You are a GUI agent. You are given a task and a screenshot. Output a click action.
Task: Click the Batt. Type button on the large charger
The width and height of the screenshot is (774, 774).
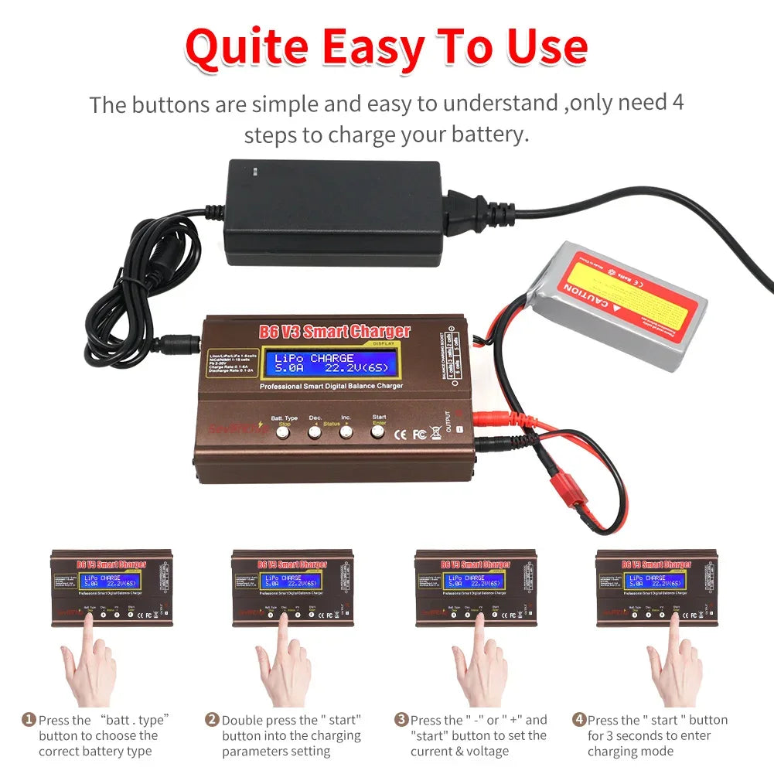tap(284, 434)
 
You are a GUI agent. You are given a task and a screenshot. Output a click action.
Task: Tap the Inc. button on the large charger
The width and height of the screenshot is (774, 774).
tap(346, 433)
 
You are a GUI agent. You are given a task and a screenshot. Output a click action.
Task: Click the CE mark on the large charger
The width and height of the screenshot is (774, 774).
tap(401, 435)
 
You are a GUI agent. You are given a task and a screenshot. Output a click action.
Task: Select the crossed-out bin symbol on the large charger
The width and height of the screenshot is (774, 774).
tap(435, 434)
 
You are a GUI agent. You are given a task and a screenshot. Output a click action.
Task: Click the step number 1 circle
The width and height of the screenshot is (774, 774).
tap(28, 720)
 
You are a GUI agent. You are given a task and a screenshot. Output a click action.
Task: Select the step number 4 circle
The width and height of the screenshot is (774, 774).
tap(579, 720)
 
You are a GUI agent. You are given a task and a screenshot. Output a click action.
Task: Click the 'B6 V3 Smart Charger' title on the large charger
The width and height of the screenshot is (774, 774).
tap(334, 332)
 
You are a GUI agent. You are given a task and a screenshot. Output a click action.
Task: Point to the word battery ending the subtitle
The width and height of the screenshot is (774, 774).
tap(486, 135)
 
